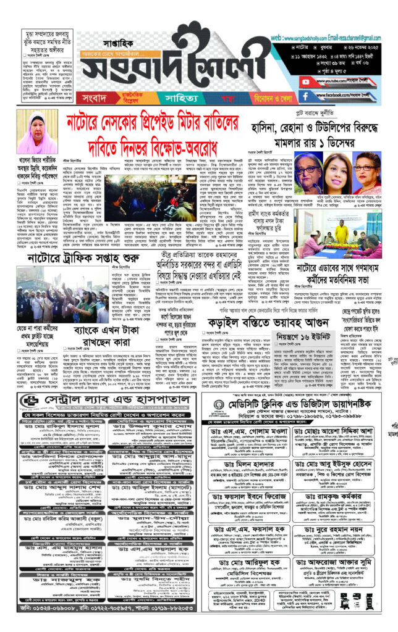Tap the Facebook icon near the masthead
point(305,96)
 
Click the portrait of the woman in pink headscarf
point(37,133)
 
